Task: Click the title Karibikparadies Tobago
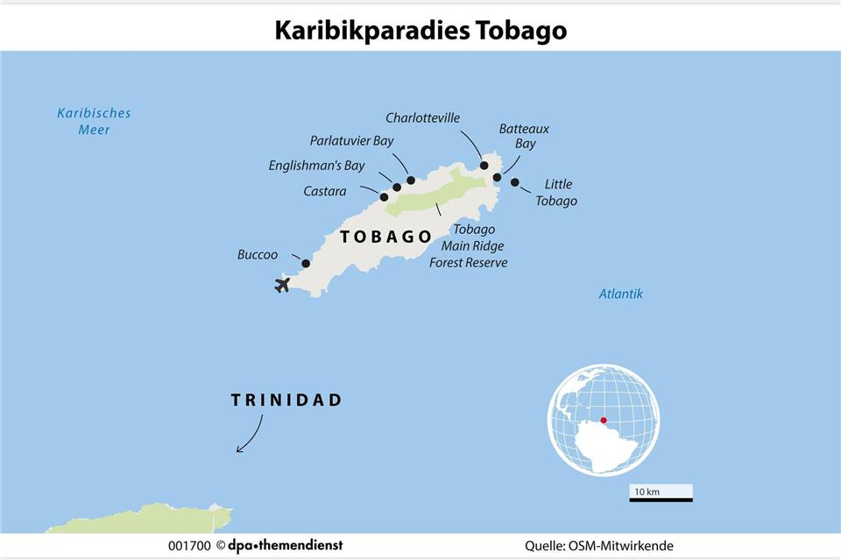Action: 420,30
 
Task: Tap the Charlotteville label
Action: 422,118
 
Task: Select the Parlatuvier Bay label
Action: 352,140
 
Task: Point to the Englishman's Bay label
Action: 316,166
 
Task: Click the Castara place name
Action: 325,191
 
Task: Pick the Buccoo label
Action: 258,255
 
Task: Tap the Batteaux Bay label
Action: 524,136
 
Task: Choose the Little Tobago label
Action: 557,193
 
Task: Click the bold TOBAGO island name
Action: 385,237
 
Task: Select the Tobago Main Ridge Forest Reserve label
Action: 469,246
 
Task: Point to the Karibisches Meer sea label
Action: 94,121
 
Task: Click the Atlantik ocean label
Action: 620,294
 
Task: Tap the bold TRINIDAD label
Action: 286,401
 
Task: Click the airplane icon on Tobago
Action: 282,284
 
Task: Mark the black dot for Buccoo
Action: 306,263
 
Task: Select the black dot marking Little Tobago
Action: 515,182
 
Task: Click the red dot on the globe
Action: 604,421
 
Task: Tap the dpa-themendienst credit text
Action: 285,546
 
